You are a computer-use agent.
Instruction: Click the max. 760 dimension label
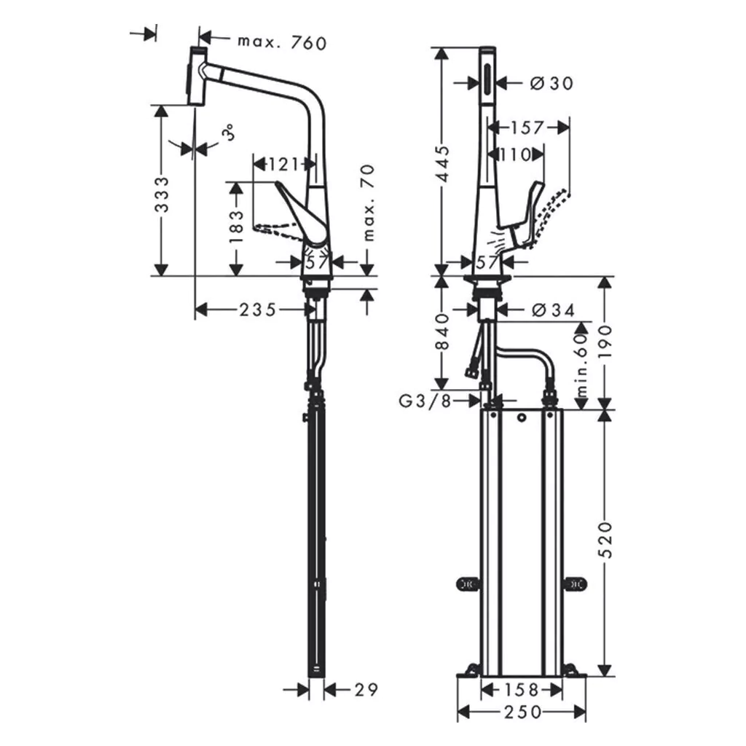coord(282,43)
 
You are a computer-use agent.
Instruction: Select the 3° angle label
coord(229,132)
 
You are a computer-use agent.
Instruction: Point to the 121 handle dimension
coord(284,165)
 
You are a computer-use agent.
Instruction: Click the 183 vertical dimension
coord(236,227)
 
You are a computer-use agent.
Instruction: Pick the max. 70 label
coord(369,203)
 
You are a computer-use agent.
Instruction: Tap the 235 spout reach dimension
coord(258,310)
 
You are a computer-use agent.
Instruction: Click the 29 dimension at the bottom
coord(366,689)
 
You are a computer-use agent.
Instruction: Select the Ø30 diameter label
coord(552,84)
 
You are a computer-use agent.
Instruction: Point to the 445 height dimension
coord(442,164)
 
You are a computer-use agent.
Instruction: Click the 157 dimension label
coord(527,127)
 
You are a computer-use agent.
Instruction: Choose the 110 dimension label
coord(517,154)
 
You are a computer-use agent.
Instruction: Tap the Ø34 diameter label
coord(554,310)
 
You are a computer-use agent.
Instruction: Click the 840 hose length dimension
coord(442,331)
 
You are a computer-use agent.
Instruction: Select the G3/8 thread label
coord(425,401)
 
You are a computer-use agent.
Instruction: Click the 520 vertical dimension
coord(605,540)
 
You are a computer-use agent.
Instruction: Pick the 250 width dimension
coord(523,712)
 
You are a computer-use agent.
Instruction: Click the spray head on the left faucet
coord(197,76)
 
